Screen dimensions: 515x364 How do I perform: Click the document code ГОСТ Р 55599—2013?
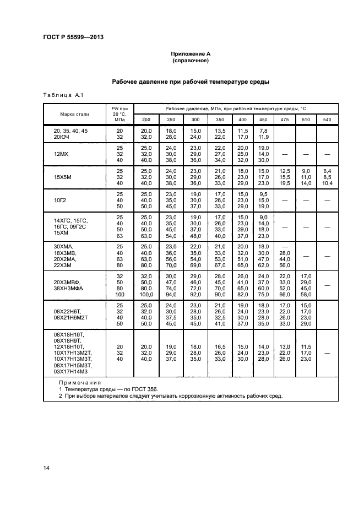tap(73, 37)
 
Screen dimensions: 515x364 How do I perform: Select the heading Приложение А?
tap(191, 53)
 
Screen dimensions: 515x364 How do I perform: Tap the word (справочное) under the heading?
tap(191, 61)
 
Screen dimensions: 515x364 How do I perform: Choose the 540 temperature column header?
tap(327, 120)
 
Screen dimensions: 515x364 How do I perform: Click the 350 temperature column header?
tap(220, 120)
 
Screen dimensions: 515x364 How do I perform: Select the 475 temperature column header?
tap(284, 120)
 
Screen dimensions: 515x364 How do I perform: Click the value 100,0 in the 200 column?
tap(146, 295)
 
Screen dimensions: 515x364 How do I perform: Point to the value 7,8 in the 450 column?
tap(263, 130)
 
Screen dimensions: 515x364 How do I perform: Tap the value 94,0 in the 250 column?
tap(171, 295)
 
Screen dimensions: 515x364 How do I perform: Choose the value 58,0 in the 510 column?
tap(306, 295)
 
